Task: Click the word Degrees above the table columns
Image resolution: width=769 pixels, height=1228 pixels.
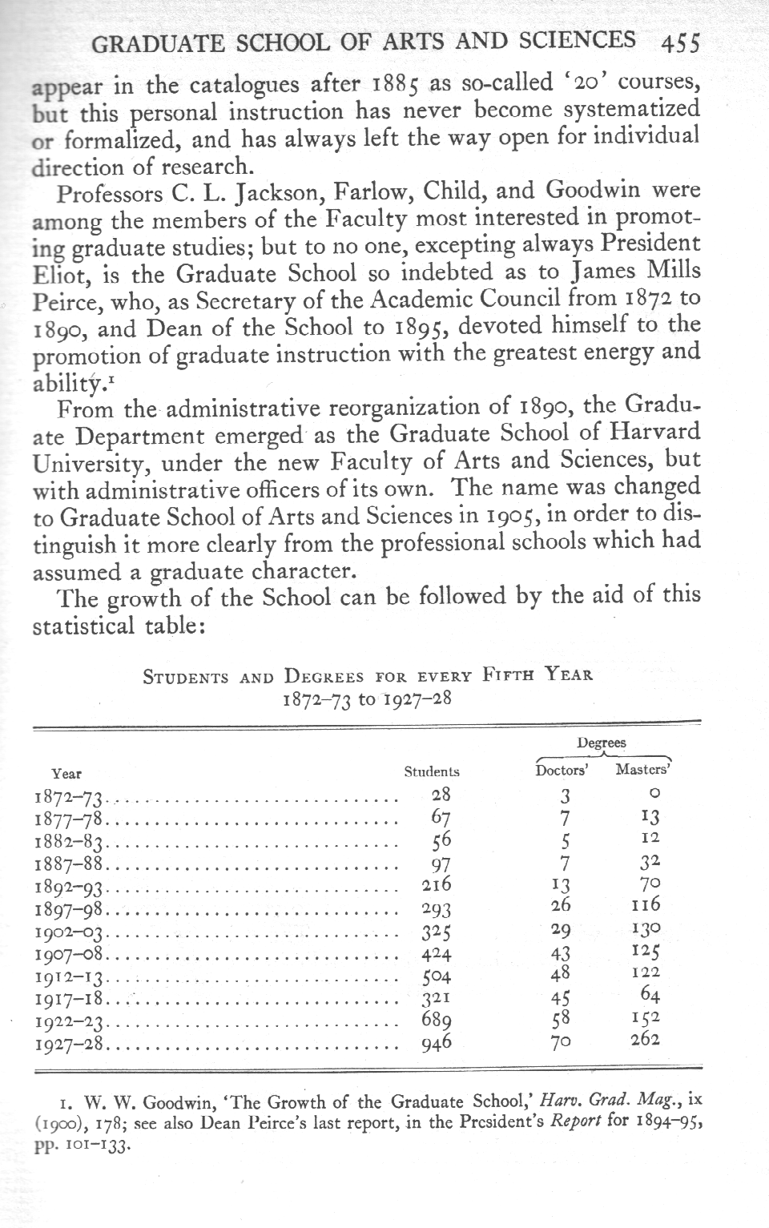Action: (x=602, y=743)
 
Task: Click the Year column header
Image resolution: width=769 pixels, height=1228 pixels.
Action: (x=66, y=774)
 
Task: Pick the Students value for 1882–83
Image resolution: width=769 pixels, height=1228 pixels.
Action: (x=441, y=840)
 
